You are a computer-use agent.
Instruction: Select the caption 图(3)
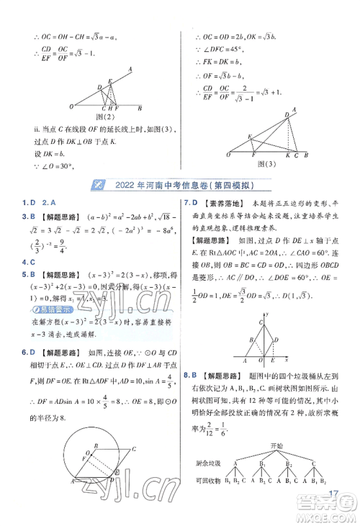point(266,163)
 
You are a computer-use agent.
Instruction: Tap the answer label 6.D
point(13,352)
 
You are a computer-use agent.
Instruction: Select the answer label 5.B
point(13,274)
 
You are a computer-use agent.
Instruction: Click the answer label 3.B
point(13,215)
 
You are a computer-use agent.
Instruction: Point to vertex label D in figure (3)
point(286,114)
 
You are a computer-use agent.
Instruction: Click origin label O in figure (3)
point(229,154)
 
